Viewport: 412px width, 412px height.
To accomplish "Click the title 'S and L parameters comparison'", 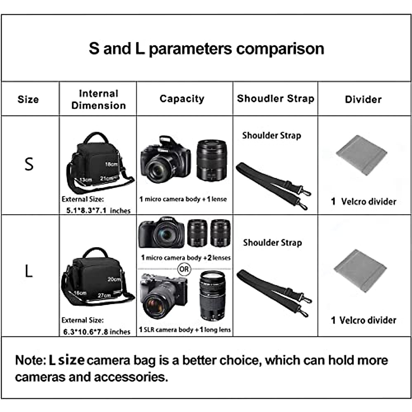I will coord(206,48).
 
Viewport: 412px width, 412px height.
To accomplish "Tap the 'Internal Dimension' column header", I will coord(99,99).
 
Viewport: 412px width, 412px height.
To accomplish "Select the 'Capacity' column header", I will coord(182,99).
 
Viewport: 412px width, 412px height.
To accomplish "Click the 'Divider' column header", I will coord(363,100).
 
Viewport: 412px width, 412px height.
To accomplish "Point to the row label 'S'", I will coord(29,164).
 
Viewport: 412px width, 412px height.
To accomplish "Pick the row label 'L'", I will coord(29,271).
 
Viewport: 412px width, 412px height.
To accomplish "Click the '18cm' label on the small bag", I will coord(111,164).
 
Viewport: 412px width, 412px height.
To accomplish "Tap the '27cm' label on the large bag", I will coord(104,295).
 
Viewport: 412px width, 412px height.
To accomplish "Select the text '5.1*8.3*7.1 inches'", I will coord(98,210).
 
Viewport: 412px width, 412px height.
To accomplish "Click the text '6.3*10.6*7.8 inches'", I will coord(97,332).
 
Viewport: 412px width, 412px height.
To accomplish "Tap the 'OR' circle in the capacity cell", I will coord(184,269).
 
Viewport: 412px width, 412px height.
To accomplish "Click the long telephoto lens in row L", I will coord(212,295).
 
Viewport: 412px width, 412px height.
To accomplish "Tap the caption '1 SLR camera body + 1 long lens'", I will coord(185,330).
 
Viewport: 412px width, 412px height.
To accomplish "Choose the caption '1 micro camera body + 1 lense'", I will coord(183,199).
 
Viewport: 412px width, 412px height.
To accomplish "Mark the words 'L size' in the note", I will coord(67,360).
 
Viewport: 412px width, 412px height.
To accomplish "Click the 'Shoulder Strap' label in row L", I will coord(273,243).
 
